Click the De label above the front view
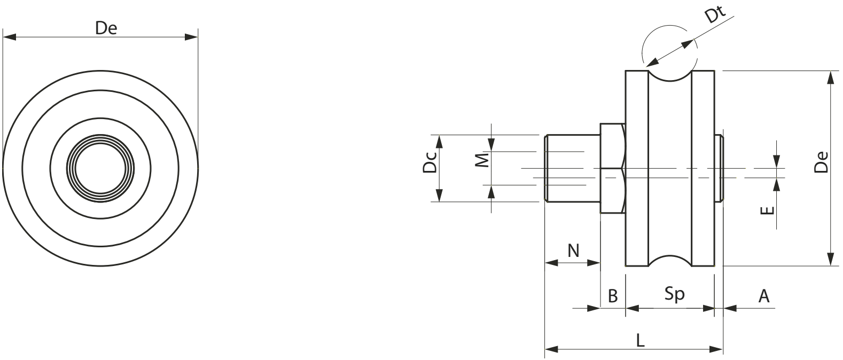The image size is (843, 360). pos(106,28)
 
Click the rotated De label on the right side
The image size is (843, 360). pos(821,162)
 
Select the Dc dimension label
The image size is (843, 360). pos(430,162)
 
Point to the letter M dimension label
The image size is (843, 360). pos(482,160)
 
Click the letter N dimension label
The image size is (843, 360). pos(573,251)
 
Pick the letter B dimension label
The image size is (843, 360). pos(613,296)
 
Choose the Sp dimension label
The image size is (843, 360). pos(674,294)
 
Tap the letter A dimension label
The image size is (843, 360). pos(763,296)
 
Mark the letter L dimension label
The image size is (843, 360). pos(640,341)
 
